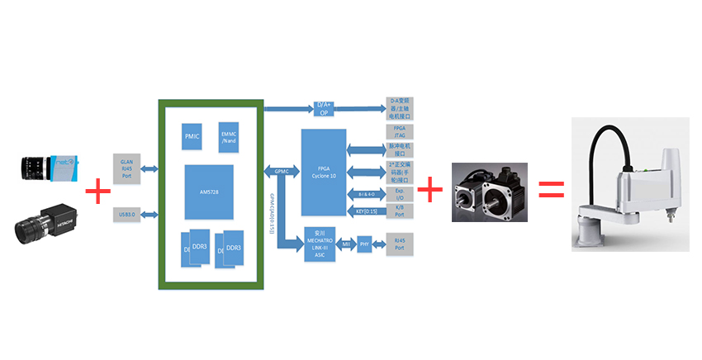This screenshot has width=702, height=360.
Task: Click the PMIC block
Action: pos(192,135)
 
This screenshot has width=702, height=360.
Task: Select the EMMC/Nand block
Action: pos(228,137)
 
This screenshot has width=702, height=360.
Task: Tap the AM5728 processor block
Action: pos(210,190)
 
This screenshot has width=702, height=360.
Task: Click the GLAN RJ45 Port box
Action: pos(127,168)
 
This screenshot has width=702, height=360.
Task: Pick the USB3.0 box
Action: pos(127,216)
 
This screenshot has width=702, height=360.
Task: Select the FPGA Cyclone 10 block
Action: pos(325,173)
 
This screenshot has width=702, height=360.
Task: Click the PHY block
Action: pos(364,244)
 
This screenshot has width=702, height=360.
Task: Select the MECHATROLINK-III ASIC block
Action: pos(323,244)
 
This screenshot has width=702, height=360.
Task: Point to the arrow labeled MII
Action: pos(348,244)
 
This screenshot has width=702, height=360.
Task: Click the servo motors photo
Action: pos(489,192)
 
